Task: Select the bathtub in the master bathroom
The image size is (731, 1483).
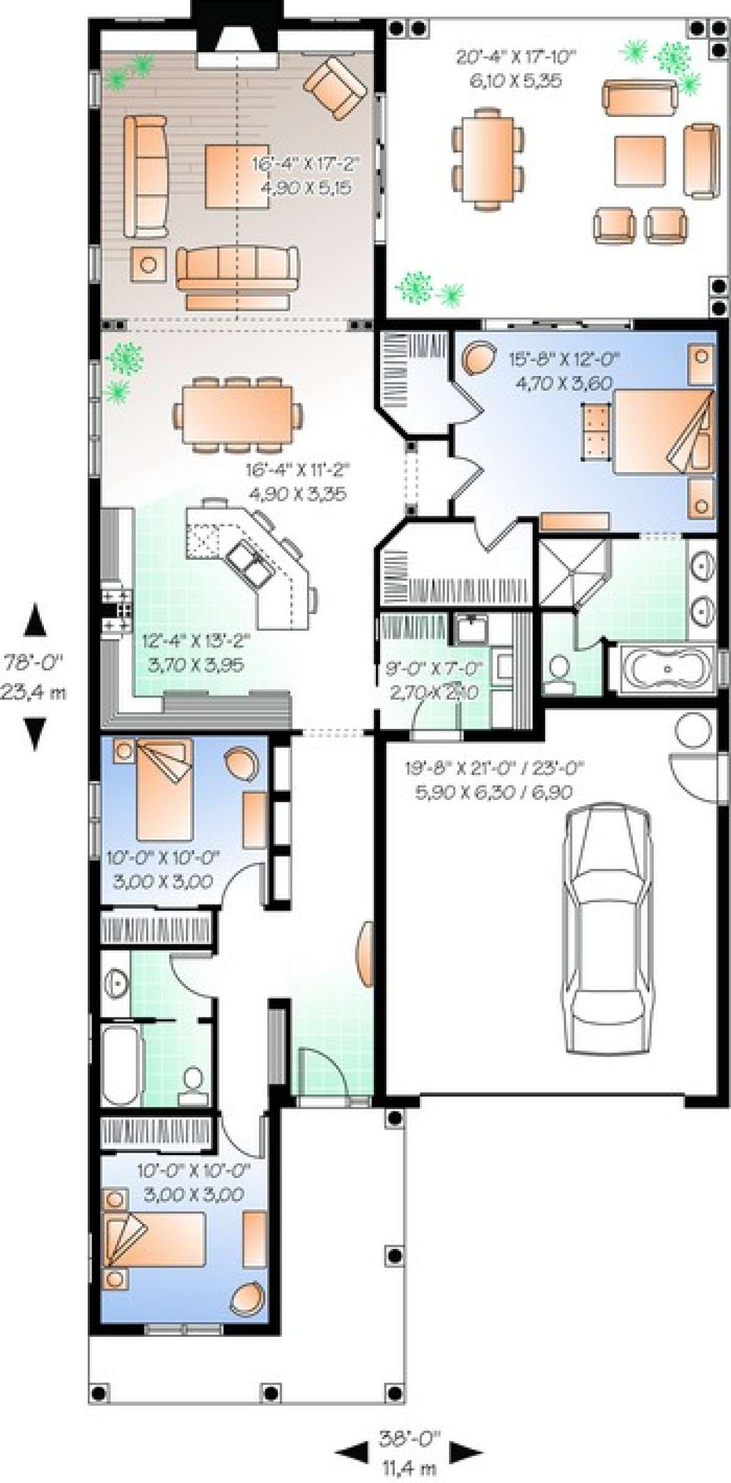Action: tap(668, 669)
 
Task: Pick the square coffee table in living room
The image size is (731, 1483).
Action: tap(236, 177)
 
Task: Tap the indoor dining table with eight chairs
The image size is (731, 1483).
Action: tap(238, 415)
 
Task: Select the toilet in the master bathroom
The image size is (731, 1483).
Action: tap(559, 675)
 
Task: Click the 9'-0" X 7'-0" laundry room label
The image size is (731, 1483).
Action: tap(433, 680)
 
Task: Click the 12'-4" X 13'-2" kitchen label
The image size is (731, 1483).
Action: tap(194, 652)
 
